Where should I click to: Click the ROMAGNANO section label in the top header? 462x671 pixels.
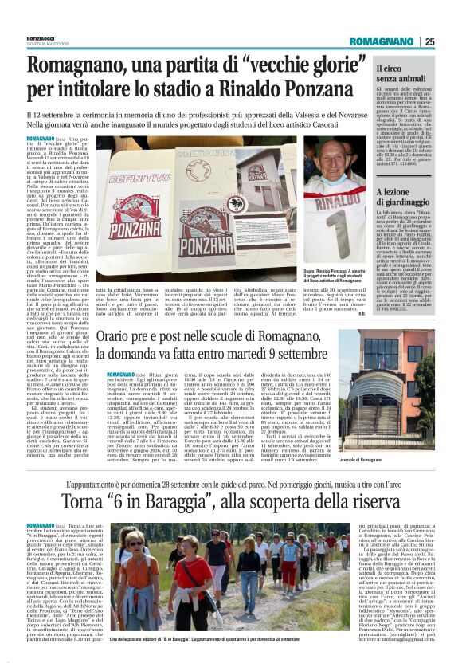point(386,41)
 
